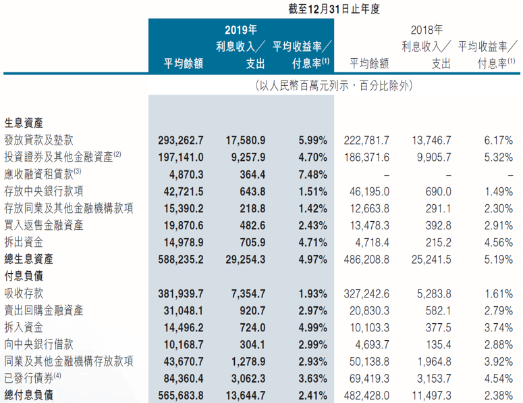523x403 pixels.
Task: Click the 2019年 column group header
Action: pyautogui.click(x=241, y=30)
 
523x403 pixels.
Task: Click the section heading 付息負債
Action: pyautogui.click(x=24, y=275)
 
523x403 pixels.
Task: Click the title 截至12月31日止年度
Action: pyautogui.click(x=333, y=9)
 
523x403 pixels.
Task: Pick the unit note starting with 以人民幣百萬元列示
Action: pyautogui.click(x=333, y=86)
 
